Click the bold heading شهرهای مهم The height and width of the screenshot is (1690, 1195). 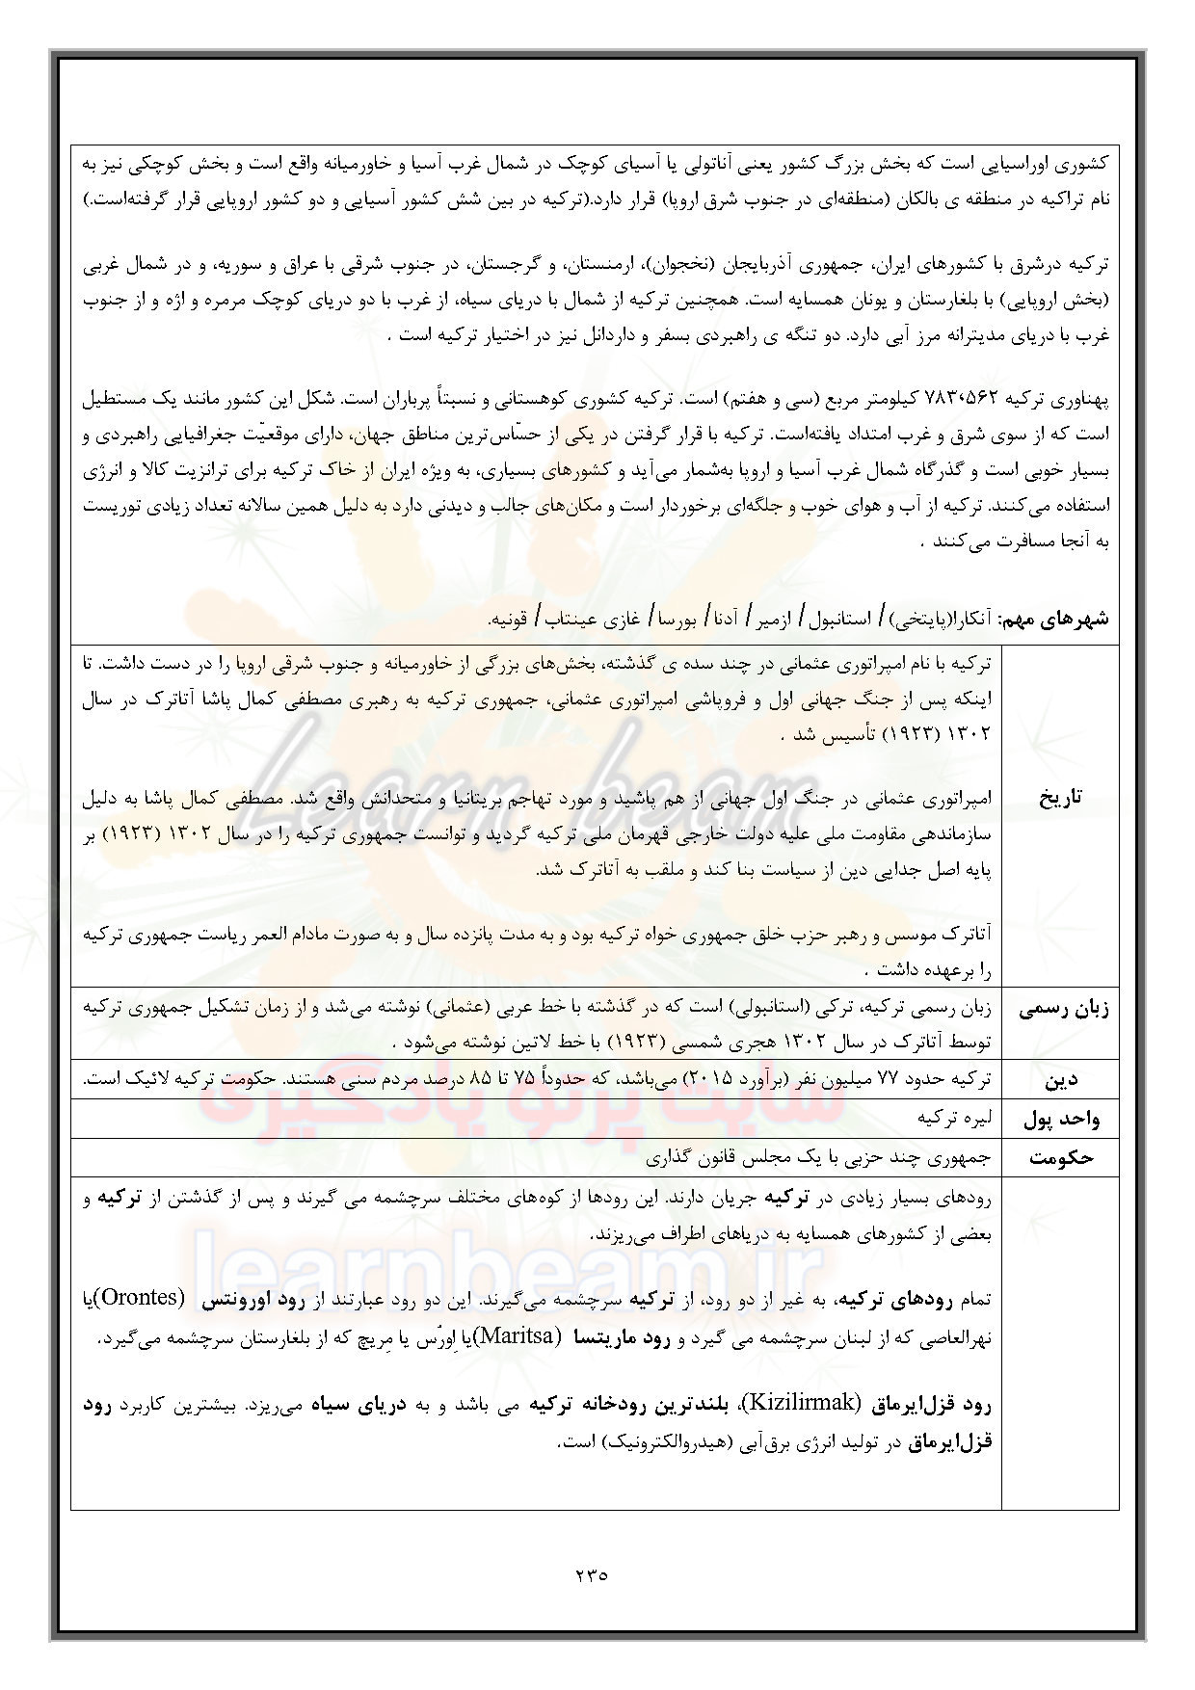[x=1057, y=618]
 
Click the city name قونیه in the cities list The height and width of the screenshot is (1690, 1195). [x=511, y=618]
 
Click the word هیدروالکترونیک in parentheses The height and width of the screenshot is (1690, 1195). [x=669, y=1442]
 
